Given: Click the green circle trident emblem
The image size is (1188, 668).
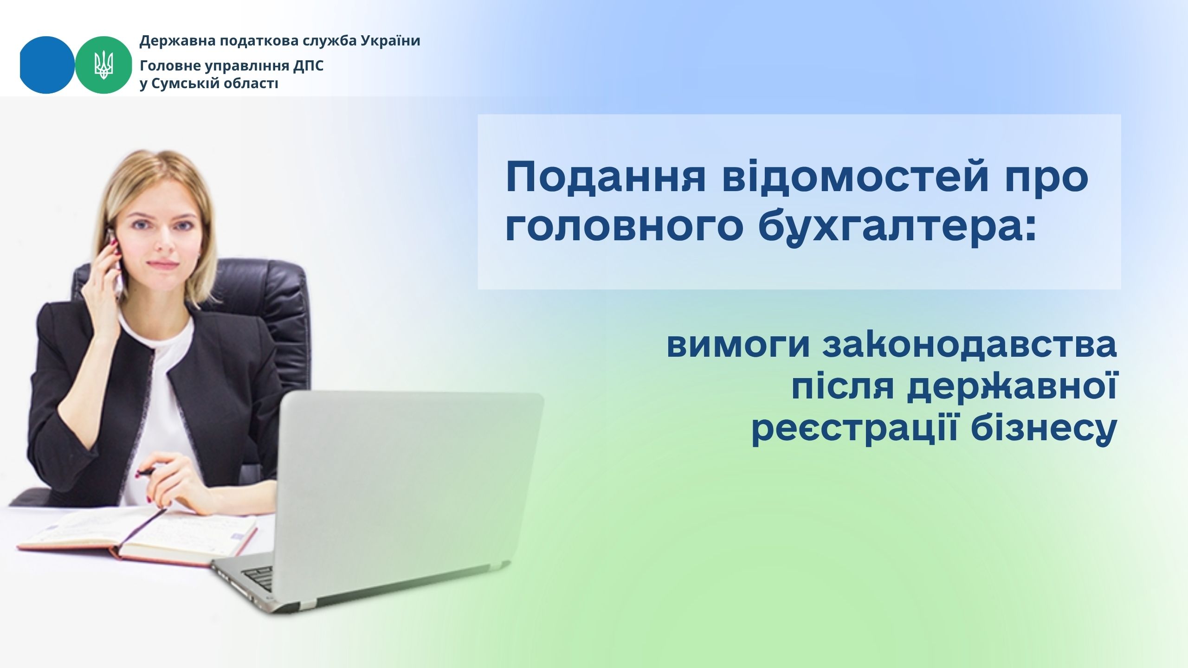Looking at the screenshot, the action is (104, 65).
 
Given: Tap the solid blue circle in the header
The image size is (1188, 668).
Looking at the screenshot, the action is (47, 65).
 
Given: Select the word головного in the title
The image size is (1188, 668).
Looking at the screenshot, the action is (625, 228).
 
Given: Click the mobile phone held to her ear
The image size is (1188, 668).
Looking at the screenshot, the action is (115, 262).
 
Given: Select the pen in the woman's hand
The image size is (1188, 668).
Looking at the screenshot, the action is (147, 473).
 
